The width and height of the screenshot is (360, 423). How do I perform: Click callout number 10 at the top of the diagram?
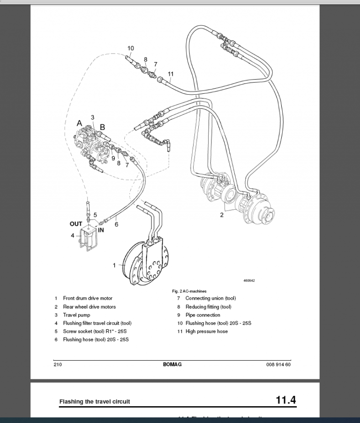(x=130, y=48)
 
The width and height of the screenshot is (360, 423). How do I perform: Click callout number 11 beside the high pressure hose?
(x=171, y=74)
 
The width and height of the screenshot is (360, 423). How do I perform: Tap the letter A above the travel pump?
(x=80, y=123)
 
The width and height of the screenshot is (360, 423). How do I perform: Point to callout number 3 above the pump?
(x=92, y=117)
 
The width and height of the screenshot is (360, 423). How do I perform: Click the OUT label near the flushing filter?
(x=76, y=224)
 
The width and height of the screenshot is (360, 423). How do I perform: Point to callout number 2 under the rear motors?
(x=222, y=215)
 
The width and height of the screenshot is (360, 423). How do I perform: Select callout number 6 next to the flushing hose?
(x=116, y=224)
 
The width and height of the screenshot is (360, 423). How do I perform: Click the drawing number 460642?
(x=249, y=280)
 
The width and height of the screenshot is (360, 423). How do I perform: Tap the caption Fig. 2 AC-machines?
(x=189, y=291)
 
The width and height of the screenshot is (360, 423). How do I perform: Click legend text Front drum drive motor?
(x=88, y=298)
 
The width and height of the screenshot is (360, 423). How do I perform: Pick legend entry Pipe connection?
(x=202, y=315)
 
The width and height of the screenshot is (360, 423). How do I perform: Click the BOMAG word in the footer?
(x=172, y=364)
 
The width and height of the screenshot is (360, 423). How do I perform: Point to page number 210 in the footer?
(x=58, y=364)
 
